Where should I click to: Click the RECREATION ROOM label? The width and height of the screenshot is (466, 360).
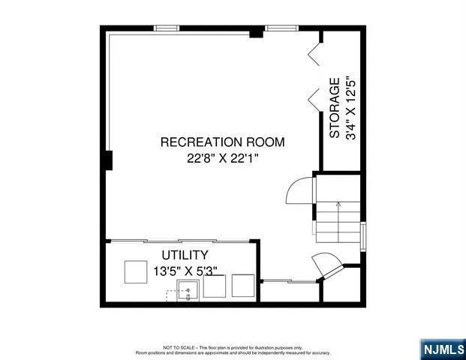(x=222, y=142)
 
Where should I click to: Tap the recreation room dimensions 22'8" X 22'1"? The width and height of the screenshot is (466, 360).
(x=222, y=158)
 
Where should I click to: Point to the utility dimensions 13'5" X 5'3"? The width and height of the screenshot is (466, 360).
(x=185, y=271)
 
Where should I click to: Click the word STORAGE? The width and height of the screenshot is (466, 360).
(x=335, y=108)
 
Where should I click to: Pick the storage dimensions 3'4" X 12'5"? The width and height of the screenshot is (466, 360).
(x=351, y=108)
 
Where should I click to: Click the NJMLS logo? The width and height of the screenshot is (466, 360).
(x=441, y=349)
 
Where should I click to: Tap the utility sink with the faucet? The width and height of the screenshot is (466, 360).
(x=188, y=289)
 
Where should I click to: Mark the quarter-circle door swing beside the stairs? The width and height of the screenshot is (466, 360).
(x=300, y=191)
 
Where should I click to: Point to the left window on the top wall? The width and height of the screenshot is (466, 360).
(x=166, y=28)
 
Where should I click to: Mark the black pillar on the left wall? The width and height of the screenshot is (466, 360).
(x=109, y=160)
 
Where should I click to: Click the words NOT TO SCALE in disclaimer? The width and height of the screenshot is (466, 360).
(x=176, y=348)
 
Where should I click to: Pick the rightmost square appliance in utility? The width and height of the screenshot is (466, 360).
(x=243, y=286)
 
